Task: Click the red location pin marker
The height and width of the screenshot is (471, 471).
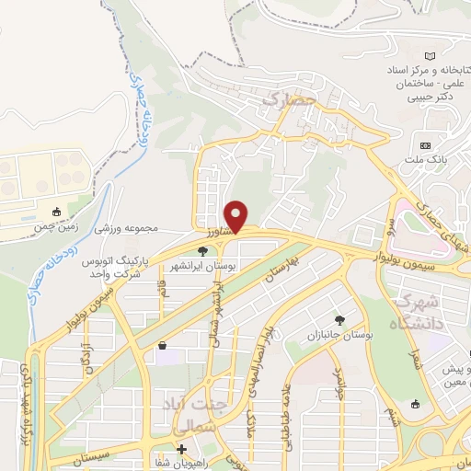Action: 236,216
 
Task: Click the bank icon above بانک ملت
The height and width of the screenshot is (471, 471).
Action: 425,146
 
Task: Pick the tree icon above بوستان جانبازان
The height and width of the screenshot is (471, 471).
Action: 340,320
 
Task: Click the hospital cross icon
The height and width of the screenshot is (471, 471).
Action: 181,450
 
